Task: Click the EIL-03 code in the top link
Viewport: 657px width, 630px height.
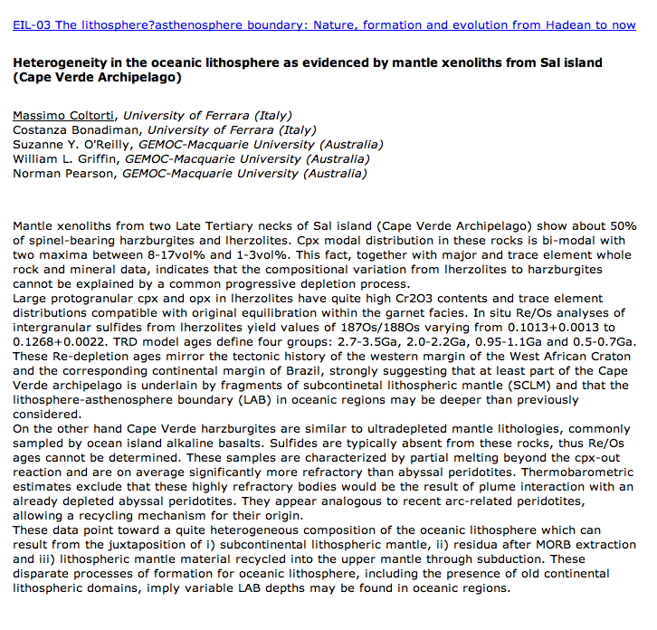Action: tap(32, 24)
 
